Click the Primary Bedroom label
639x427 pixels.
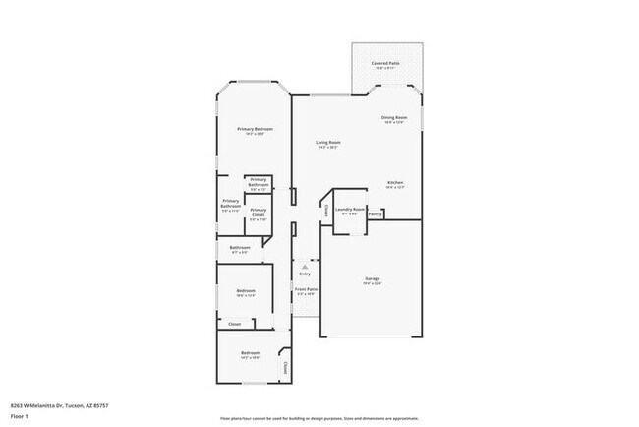tap(254, 130)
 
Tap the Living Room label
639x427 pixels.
tap(327, 143)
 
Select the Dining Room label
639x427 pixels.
tap(394, 118)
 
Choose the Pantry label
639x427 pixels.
tap(375, 213)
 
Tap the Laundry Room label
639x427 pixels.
tap(350, 209)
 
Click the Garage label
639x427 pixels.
tap(373, 278)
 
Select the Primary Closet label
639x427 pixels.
tap(258, 212)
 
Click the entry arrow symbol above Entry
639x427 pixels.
tap(305, 266)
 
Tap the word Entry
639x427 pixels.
tap(305, 274)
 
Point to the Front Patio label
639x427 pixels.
tap(306, 289)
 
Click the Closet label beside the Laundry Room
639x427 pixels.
tap(325, 210)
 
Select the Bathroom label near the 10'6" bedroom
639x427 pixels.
tap(239, 247)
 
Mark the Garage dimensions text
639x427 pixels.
tap(373, 284)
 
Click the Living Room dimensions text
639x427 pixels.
tap(327, 148)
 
